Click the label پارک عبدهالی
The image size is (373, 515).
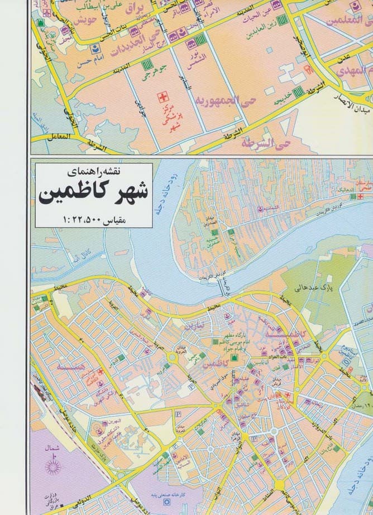(303, 288)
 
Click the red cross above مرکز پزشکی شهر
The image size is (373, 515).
(164, 94)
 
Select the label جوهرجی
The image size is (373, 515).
(157, 73)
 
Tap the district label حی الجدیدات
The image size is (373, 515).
(144, 37)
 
